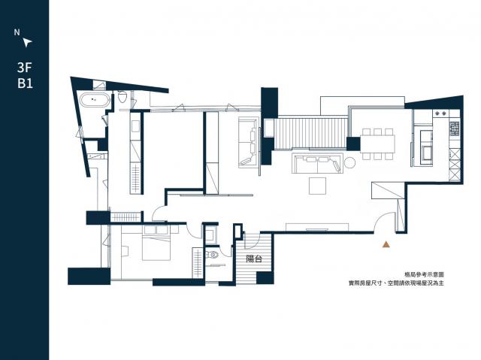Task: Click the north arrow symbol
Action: point(27,42)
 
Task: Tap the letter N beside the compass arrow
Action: point(17,32)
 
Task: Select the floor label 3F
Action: point(25,68)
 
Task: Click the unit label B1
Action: point(25,83)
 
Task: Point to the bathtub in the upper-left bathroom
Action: point(95,100)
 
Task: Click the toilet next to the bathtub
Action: point(123,96)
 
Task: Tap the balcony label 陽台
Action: point(254,259)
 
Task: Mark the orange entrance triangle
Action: point(386,244)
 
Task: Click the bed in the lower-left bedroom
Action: point(156,243)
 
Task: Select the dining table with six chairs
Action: point(377,144)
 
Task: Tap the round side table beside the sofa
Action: point(349,162)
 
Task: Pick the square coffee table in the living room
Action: point(317,186)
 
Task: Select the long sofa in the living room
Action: point(317,163)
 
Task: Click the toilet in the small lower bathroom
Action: point(212,255)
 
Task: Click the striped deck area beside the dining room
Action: point(310,133)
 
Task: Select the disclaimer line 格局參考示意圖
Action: point(424,275)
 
